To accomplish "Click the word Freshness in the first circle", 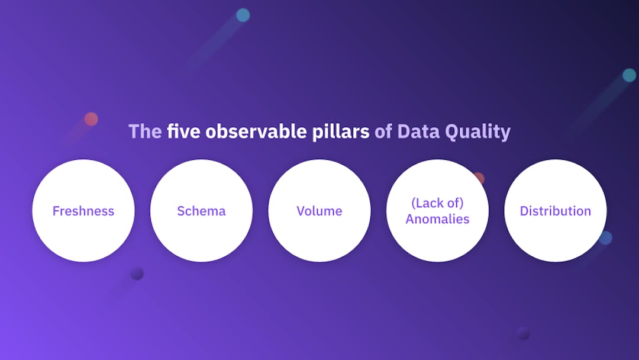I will coord(83,211).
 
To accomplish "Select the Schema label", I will coord(201,211).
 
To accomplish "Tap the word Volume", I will coord(319,211).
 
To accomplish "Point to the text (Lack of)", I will coord(437,203).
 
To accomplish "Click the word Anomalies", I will coord(437,219).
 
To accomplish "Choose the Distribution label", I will coord(555,211).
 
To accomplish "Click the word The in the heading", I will coord(145,131).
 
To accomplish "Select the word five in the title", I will coord(183,131).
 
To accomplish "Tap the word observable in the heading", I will coord(256,131).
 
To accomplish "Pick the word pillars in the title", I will coord(341,131).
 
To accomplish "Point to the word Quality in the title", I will coord(477,131).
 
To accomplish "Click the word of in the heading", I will coord(383,131).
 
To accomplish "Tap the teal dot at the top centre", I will coord(243,15).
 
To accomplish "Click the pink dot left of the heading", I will coord(91,119).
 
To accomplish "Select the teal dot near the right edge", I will coord(629,75).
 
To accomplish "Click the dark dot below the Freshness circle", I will coord(137,273).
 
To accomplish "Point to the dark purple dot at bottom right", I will coord(523,333).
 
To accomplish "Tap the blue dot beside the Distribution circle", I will coord(606,238).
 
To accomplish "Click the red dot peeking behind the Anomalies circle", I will coord(480,177).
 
